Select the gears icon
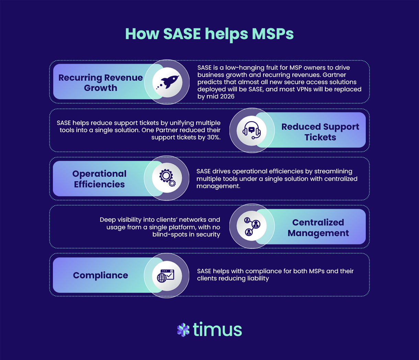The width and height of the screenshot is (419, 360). [x=167, y=178]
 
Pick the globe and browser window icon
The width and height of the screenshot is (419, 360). [x=166, y=275]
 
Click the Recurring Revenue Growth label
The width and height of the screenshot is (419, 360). [x=100, y=83]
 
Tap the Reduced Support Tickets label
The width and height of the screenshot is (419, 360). [x=320, y=132]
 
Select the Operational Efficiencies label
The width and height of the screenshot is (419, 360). [x=99, y=179]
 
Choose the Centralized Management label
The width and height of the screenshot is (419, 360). [x=318, y=228]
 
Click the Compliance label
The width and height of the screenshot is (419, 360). [x=100, y=275]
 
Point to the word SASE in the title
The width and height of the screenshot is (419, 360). [x=182, y=34]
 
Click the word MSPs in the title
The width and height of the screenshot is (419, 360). [x=273, y=34]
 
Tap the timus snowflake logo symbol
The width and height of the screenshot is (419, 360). [x=183, y=329]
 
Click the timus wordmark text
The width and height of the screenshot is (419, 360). [x=217, y=329]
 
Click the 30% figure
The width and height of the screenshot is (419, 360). [x=213, y=138]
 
